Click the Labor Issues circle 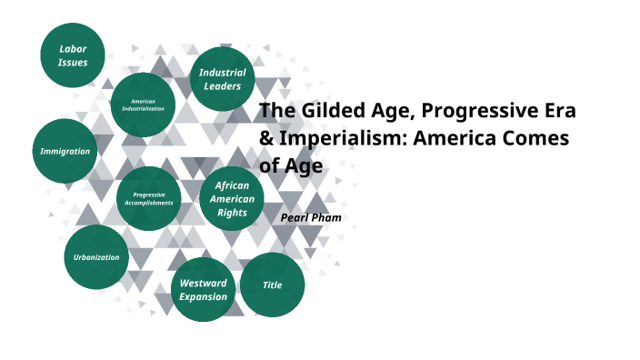[x=73, y=55]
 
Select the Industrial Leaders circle [x=223, y=79]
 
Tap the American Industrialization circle [x=143, y=105]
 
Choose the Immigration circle [x=65, y=151]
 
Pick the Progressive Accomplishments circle [x=148, y=198]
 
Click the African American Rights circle [x=232, y=199]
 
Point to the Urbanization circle [x=96, y=257]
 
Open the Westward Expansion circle [x=203, y=290]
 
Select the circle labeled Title [x=272, y=285]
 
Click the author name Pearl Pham [x=311, y=218]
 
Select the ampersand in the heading [x=266, y=139]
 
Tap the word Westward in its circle [x=203, y=284]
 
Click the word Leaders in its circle [x=223, y=86]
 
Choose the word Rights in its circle [x=232, y=213]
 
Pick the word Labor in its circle [x=73, y=47]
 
